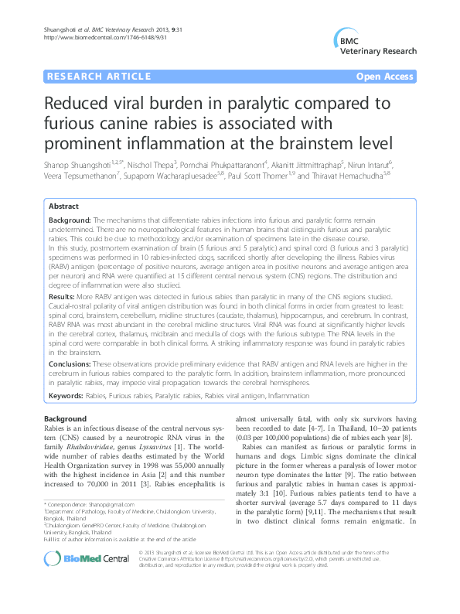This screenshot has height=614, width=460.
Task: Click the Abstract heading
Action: (64, 206)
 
